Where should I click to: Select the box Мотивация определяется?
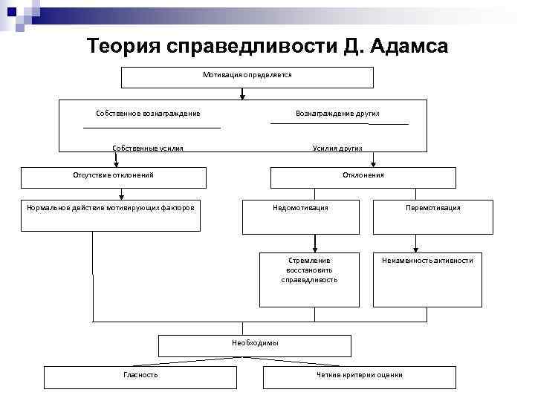pos(247,77)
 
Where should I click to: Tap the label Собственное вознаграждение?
pos(148,113)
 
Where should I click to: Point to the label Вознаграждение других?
pos(337,113)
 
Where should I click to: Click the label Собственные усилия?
pos(148,149)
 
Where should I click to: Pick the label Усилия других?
pos(337,149)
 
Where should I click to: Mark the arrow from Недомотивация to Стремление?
pos(316,242)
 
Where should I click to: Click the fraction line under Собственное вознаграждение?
pos(152,128)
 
